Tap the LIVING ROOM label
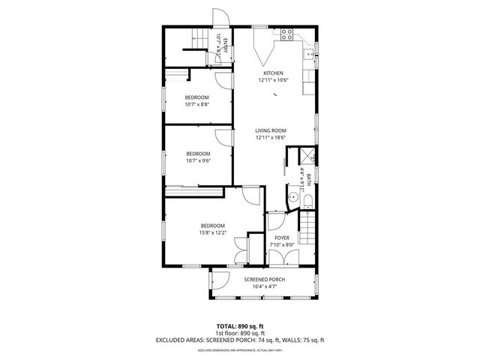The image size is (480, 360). pyautogui.click(x=271, y=131)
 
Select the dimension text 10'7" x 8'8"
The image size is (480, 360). pyautogui.click(x=196, y=104)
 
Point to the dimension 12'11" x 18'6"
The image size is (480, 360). pyautogui.click(x=271, y=138)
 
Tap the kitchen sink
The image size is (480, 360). pyautogui.click(x=308, y=55)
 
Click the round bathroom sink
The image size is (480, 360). pyautogui.click(x=291, y=198)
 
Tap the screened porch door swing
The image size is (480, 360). pyautogui.click(x=217, y=282)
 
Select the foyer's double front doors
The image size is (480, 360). pyautogui.click(x=280, y=257)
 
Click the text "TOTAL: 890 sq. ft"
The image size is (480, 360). pyautogui.click(x=239, y=326)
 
